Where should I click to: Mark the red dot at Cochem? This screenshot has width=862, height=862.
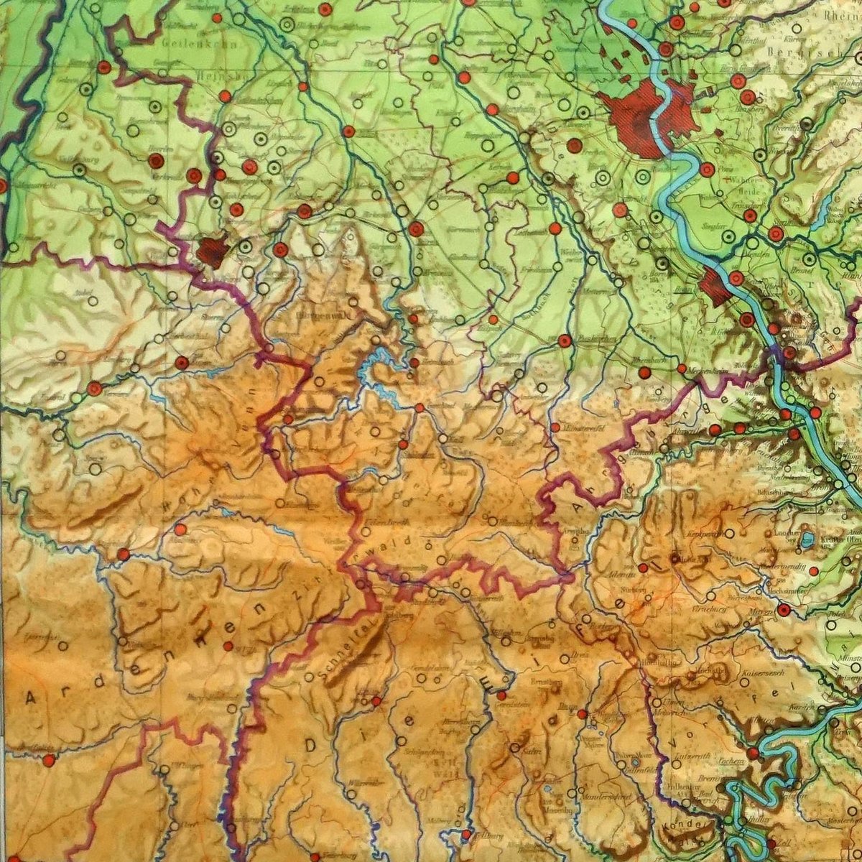[x=752, y=753]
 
